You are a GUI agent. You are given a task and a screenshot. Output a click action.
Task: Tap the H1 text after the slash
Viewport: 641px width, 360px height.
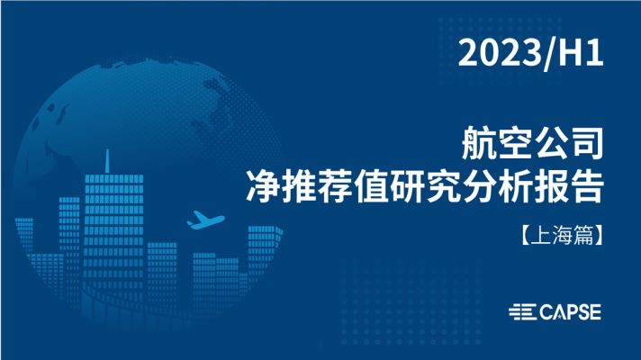pos(581,53)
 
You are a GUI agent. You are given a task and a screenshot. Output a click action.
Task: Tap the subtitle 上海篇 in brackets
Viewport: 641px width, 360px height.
pos(562,236)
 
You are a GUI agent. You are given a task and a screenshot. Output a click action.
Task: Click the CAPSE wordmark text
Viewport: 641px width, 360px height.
pos(570,312)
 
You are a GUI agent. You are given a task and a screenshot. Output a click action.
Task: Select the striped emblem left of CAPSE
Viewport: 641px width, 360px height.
pos(523,312)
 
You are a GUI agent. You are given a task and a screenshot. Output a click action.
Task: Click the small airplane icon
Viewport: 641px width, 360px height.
pos(205,220)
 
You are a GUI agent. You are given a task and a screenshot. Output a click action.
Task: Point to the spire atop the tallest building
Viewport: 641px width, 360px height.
pos(107,161)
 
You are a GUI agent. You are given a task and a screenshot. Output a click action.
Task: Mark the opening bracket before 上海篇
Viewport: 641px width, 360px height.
pos(526,236)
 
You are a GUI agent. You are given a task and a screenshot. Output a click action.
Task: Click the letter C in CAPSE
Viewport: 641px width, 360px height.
pos(546,312)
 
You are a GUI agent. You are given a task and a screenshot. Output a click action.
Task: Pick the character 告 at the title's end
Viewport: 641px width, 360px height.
pos(587,186)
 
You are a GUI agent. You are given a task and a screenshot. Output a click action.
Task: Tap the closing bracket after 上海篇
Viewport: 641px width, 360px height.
pos(598,236)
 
